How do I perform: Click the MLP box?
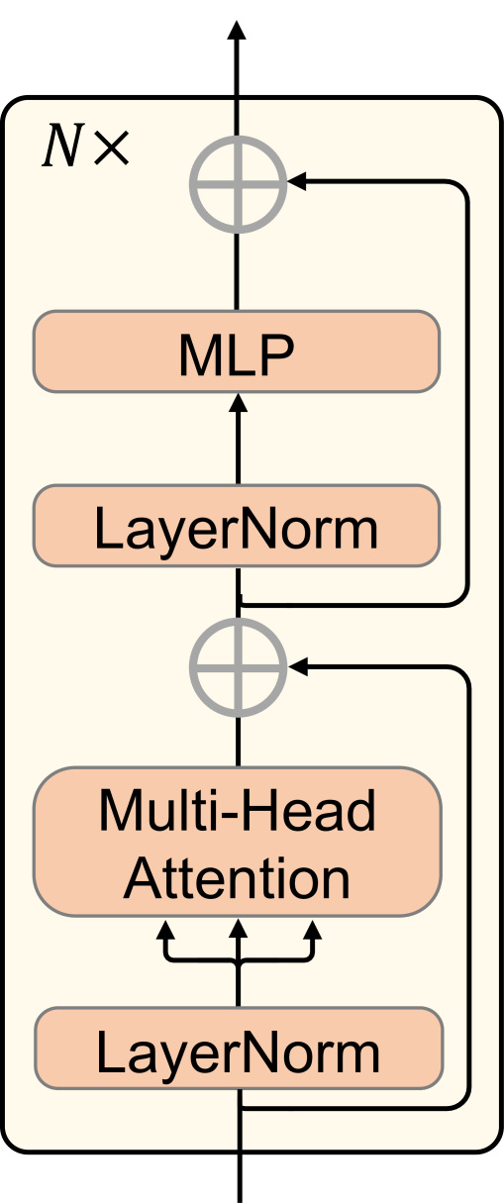237,352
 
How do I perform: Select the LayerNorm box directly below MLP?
237,526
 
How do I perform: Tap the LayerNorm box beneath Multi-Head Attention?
238,1049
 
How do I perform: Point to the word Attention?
238,878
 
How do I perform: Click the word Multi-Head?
238,812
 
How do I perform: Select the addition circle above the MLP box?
238,182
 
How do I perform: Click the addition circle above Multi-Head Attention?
238,668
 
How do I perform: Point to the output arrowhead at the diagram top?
238,29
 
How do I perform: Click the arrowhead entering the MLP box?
238,402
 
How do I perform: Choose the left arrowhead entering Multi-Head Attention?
166,930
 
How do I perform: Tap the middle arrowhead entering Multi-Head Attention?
238,930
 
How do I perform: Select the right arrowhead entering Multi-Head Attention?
313,930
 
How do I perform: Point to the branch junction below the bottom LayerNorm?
240,1108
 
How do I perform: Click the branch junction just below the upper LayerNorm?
240,603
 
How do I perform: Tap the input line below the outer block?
239,1178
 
